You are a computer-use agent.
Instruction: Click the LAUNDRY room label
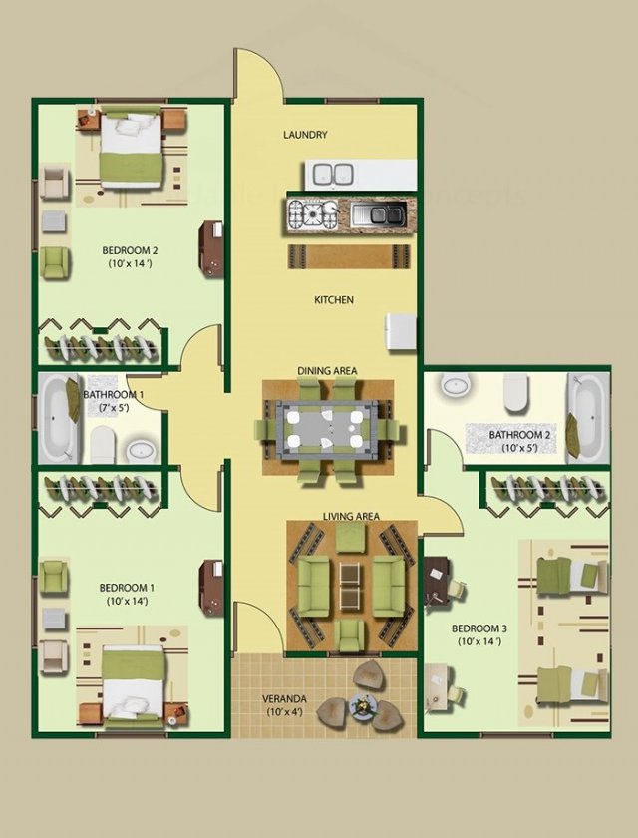[x=305, y=135]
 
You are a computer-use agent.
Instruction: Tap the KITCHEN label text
[x=334, y=300]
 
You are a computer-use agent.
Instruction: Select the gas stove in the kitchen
[x=313, y=214]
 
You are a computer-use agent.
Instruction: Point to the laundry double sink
[x=333, y=175]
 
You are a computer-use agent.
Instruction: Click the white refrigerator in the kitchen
[x=401, y=332]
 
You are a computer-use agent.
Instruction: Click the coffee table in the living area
[x=350, y=586]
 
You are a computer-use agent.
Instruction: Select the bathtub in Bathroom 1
[x=58, y=417]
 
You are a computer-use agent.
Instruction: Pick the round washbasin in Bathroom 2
[x=456, y=384]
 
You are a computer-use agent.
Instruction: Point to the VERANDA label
[x=284, y=699]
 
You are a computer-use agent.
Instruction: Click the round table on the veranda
[x=363, y=706]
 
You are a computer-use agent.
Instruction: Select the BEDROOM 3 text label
[x=478, y=628]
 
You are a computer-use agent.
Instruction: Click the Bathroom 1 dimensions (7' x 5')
[x=114, y=408]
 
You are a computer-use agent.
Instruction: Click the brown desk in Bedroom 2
[x=211, y=249]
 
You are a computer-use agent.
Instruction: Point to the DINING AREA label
[x=327, y=371]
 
